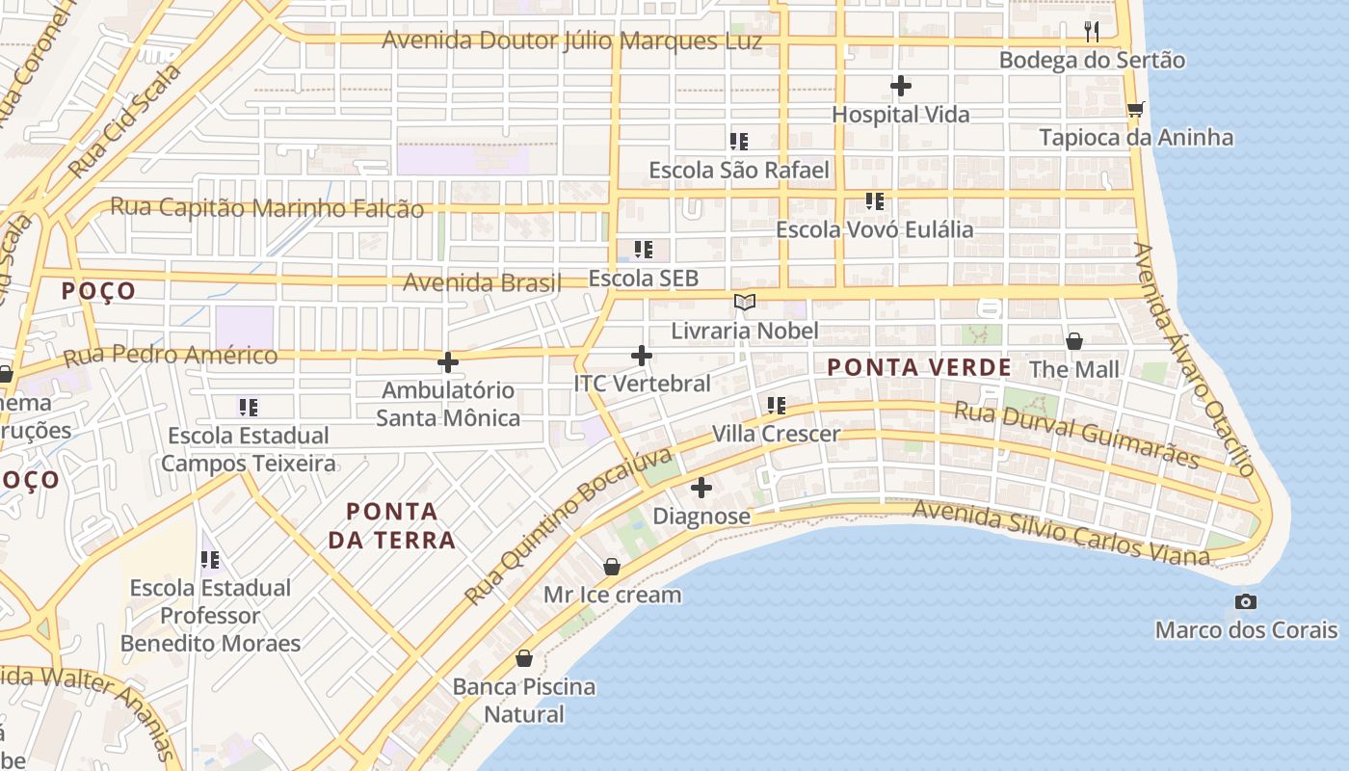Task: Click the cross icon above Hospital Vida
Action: (901, 87)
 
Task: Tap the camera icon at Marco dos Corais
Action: (1246, 602)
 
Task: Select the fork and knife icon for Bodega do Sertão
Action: (1091, 32)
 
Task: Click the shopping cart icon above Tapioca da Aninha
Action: (1136, 110)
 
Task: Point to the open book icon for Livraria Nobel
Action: (744, 303)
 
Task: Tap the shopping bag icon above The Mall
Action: (1074, 341)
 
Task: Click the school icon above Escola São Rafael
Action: (739, 143)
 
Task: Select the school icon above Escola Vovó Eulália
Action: (874, 201)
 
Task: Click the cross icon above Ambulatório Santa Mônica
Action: (448, 362)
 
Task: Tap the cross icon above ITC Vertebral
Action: (642, 356)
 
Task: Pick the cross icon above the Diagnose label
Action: (701, 488)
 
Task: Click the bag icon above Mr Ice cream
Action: (612, 567)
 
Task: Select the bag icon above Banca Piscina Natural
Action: (524, 659)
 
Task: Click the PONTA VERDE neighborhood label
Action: (919, 367)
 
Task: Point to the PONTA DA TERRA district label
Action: (392, 525)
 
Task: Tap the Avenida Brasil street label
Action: (482, 283)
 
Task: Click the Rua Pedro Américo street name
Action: (171, 356)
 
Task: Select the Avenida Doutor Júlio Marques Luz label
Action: (572, 40)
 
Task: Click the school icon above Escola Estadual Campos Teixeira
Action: (249, 408)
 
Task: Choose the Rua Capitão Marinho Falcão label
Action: (267, 207)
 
